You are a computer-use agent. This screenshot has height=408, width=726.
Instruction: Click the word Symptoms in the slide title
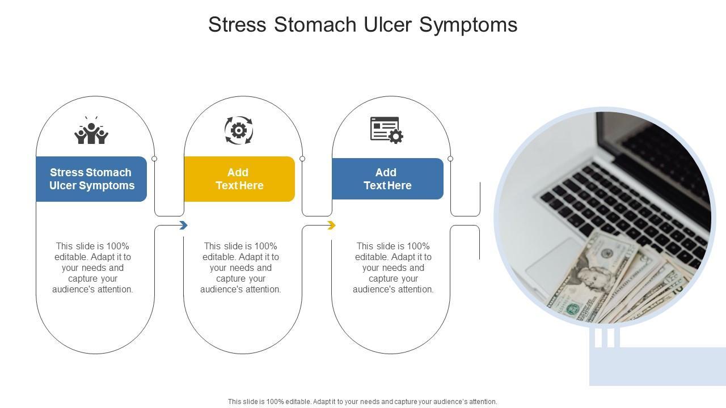point(468,25)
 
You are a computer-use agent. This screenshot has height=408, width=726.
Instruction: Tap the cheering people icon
point(91,130)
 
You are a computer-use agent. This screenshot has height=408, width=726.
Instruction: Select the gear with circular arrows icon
point(239,130)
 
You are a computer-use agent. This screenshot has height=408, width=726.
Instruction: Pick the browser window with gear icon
point(387,130)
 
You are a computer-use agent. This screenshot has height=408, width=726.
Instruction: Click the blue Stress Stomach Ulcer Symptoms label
point(91,179)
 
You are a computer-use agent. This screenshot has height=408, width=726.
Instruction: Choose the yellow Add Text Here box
point(239,179)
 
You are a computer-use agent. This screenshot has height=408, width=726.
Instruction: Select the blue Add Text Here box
point(387,178)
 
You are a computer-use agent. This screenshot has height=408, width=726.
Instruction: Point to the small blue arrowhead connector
point(183,225)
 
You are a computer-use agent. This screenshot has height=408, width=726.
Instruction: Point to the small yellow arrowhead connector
point(331,225)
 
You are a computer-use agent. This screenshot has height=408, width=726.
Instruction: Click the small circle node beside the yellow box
point(302,159)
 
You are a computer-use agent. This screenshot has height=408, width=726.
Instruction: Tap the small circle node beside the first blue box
point(154,159)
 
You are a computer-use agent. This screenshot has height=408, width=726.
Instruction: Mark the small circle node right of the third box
point(450,159)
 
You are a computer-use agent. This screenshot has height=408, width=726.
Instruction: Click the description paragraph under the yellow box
point(240,268)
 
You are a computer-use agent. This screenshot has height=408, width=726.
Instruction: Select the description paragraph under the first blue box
point(92,268)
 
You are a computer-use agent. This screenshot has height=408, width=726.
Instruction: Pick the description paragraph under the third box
point(393,268)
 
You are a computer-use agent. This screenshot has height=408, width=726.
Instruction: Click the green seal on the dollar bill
point(573,309)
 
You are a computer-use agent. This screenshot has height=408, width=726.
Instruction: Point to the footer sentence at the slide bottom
point(362,402)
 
